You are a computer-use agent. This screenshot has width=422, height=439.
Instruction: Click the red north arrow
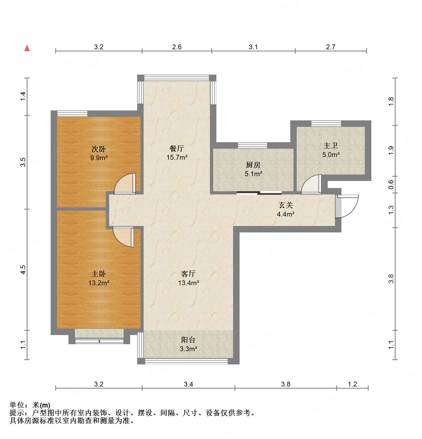click(27, 48)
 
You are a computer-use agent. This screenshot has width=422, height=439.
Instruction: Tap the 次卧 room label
click(99, 149)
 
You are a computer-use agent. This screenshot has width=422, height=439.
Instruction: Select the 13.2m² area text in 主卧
click(99, 283)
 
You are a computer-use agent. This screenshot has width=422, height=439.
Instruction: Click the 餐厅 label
click(177, 148)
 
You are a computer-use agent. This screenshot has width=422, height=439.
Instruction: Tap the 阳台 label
click(188, 340)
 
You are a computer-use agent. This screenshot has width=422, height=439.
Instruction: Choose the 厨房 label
click(253, 165)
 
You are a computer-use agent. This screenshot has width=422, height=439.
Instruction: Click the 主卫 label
click(331, 146)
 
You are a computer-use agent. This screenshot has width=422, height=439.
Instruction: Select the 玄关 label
click(286, 205)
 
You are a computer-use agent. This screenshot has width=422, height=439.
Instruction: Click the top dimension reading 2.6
click(177, 47)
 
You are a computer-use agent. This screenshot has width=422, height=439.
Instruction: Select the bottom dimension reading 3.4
click(188, 384)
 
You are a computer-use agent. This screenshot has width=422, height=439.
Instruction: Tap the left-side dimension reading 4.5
click(23, 270)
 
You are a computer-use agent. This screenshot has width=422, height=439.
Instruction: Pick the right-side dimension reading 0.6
click(391, 184)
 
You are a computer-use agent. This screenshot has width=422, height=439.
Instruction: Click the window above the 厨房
click(252, 145)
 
